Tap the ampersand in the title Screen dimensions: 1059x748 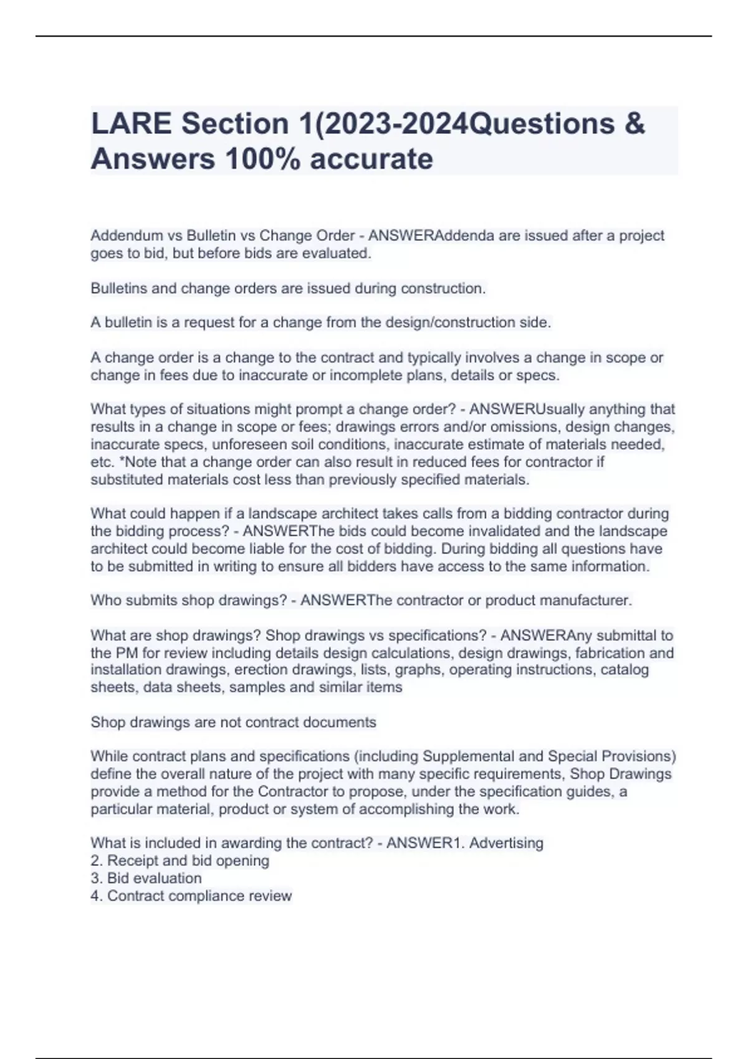[x=633, y=124]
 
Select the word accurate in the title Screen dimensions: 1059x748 [x=371, y=159]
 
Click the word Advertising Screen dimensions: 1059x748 [x=506, y=843]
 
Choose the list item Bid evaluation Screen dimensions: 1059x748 [x=154, y=878]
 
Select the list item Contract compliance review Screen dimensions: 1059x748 [x=199, y=896]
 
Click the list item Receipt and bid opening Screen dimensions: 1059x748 [x=188, y=861]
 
